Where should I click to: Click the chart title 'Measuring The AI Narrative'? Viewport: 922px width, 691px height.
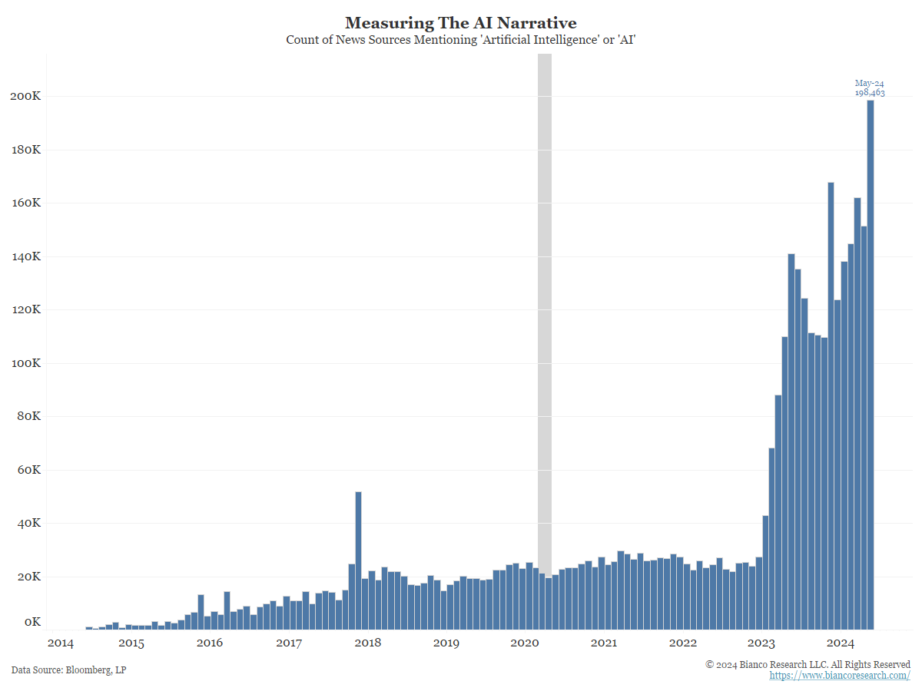[460, 22]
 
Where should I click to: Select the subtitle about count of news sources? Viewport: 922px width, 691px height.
[460, 39]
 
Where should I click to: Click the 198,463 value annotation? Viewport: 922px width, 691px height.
[870, 92]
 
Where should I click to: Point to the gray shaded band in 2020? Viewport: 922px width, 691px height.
[544, 307]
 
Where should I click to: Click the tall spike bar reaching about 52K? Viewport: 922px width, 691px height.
[358, 560]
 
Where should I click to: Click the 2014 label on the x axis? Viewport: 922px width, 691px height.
[60, 643]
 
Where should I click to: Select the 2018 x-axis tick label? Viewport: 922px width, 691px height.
[367, 643]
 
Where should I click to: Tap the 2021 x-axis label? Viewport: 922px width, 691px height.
[604, 643]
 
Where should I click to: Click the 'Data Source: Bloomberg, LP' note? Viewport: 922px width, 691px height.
[68, 670]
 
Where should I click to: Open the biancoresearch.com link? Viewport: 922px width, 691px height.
[840, 675]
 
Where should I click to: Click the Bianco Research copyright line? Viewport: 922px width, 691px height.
[808, 664]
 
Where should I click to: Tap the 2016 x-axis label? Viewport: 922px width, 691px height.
[210, 643]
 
